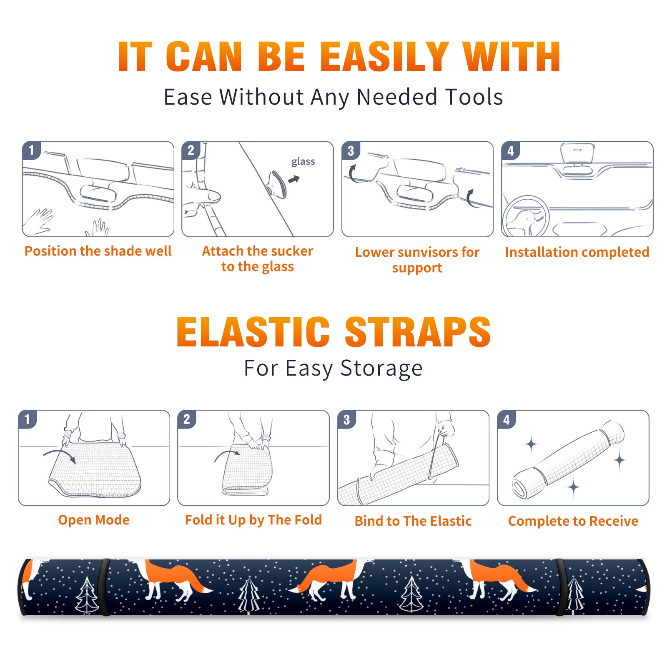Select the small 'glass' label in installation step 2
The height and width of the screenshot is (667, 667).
303,162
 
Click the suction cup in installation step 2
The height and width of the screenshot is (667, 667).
276,184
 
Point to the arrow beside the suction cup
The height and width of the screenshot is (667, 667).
294,179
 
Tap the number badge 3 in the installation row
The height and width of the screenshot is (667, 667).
351,150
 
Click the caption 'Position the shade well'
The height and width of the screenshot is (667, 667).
98,251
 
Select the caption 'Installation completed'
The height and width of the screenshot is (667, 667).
577,252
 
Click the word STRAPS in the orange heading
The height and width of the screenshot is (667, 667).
418,332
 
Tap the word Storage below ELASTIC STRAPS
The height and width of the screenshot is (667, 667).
381,369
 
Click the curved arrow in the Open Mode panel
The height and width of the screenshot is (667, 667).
60,455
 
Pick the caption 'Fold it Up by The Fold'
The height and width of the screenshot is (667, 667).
253,520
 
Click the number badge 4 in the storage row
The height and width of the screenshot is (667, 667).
507,419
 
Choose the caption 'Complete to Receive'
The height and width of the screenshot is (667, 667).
573,521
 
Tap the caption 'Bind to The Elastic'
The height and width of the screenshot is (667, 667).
413,521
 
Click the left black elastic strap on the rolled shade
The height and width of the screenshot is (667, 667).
105,587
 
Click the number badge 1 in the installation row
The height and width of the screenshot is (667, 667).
31,150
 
